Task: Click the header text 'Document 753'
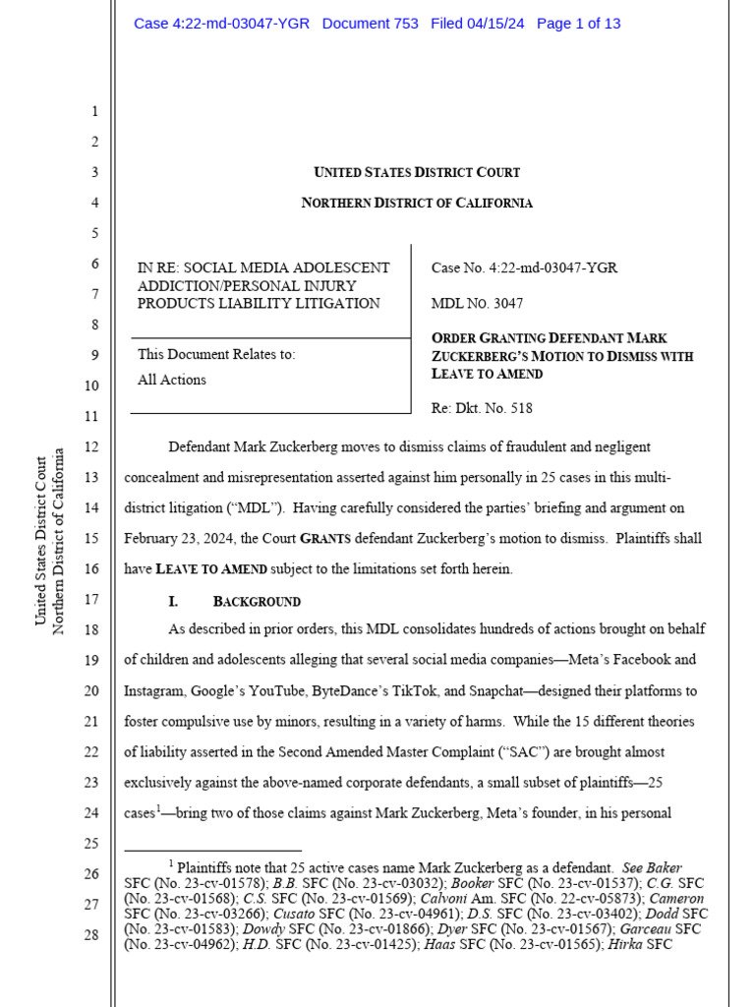tap(370, 24)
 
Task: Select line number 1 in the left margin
tap(94, 112)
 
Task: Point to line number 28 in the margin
tap(90, 934)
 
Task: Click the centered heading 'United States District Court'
tap(417, 173)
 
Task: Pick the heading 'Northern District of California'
tap(417, 204)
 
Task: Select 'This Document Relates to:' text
tap(216, 354)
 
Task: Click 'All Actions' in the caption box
tap(172, 380)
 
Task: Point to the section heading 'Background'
tap(257, 601)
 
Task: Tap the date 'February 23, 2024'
tap(183, 539)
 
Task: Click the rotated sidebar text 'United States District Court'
tap(41, 540)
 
